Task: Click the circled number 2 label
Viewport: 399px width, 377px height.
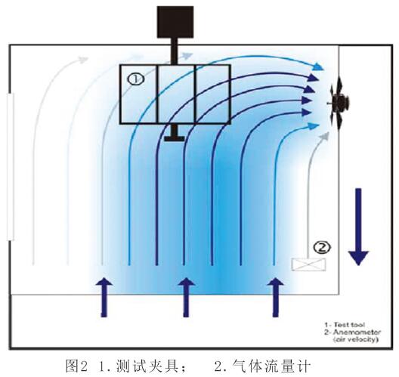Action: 323,246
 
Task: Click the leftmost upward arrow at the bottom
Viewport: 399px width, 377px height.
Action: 104,295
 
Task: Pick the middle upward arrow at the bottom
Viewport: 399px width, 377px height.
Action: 184,295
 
